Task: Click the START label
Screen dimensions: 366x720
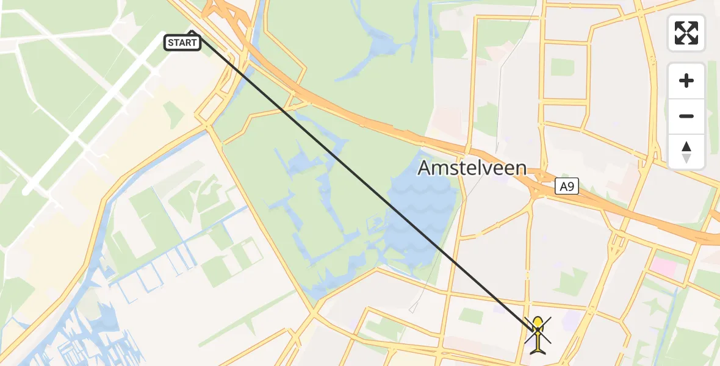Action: click(x=182, y=43)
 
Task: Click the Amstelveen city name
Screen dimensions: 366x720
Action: click(x=472, y=168)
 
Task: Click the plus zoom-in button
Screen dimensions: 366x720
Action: click(x=686, y=81)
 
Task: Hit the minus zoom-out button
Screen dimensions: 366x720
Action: click(x=686, y=116)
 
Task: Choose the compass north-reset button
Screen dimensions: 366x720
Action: click(x=686, y=152)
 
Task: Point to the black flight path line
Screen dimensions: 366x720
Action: click(x=366, y=183)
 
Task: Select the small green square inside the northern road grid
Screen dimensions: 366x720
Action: click(x=562, y=67)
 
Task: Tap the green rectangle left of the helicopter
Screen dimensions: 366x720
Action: click(x=470, y=315)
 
